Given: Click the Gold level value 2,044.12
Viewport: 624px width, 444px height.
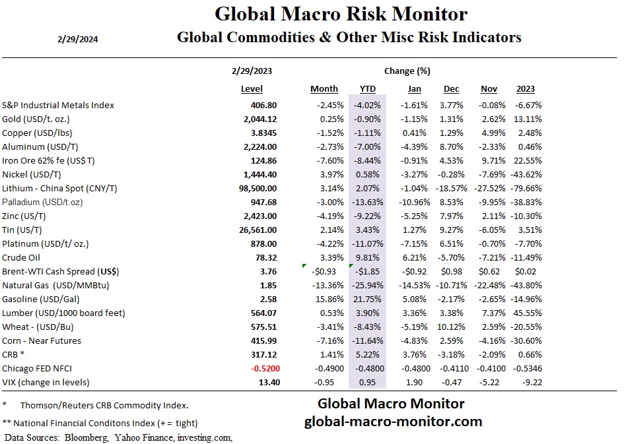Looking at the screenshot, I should point(260,119).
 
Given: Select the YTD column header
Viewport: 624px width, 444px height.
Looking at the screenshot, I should point(367,89).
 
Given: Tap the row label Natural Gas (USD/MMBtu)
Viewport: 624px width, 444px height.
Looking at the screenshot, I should point(55,285).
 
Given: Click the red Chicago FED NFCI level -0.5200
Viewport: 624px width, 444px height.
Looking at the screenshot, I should point(260,368).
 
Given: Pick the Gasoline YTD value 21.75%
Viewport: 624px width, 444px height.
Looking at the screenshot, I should point(368,299).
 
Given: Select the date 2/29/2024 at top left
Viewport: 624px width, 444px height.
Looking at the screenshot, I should point(79,38).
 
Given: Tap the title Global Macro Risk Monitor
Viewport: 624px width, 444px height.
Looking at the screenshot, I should point(341,14).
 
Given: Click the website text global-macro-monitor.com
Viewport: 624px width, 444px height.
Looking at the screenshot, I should point(392,421).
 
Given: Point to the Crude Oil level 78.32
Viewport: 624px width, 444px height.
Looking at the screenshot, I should point(264,257).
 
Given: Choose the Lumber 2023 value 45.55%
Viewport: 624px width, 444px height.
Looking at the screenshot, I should point(520,313).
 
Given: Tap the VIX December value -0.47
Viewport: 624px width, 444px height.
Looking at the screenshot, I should point(456,382).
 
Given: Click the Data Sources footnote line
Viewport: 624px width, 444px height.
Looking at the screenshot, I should point(118,437).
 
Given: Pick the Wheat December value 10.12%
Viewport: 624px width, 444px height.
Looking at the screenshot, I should point(453,327).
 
